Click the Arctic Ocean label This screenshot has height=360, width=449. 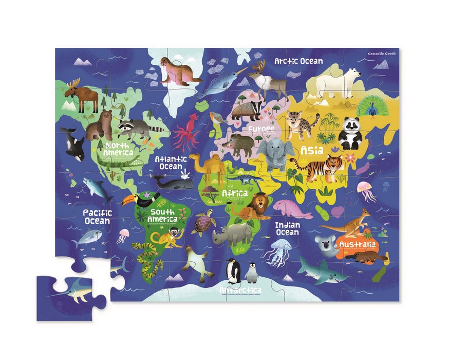(298, 61)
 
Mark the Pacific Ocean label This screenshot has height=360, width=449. (97, 216)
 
